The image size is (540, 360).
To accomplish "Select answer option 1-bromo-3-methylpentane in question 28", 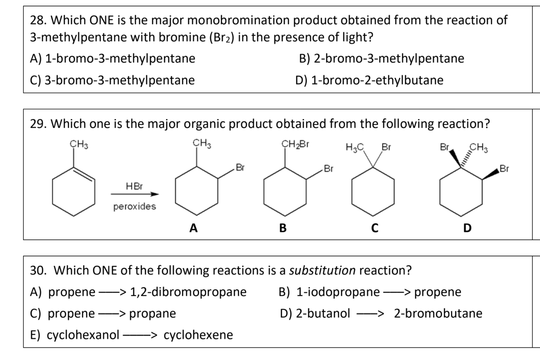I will coord(120,58).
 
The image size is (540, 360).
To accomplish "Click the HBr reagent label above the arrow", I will coord(134,186).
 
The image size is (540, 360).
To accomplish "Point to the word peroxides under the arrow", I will coord(134,207).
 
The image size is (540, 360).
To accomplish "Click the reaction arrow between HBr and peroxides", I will coord(134,194).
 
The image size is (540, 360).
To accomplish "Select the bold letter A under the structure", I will coord(193,228).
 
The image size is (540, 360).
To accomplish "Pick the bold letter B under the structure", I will coord(283,228).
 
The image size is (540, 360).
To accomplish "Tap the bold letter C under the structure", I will coord(375,228).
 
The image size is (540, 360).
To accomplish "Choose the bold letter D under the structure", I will coord(467,228).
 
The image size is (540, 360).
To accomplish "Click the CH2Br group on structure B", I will coord(295,144).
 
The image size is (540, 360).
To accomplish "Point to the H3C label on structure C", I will coord(355,147).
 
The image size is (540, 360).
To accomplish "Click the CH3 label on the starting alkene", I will coord(78,144).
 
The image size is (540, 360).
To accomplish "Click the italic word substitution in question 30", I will coord(322,271).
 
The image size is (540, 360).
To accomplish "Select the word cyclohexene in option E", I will coord(198,335).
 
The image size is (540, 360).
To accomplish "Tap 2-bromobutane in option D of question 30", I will coord(438,313).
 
